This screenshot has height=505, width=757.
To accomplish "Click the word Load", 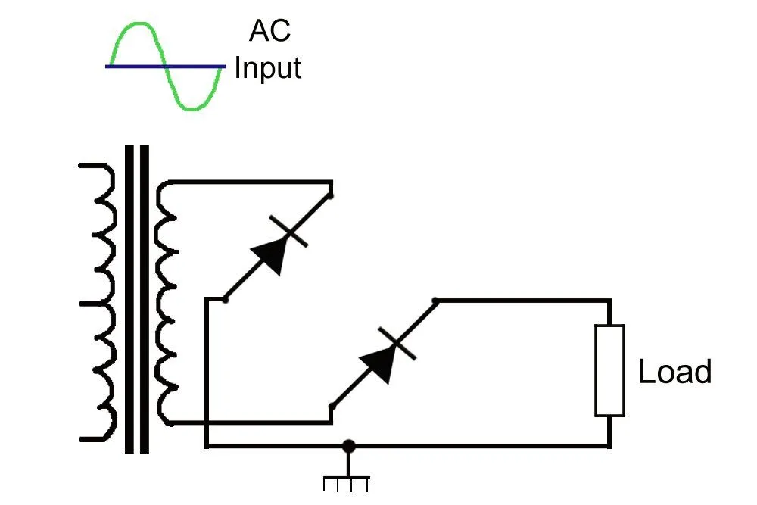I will pyautogui.click(x=674, y=372).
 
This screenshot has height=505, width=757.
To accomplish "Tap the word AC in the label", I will pyautogui.click(x=269, y=31).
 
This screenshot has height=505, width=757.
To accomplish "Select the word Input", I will pyautogui.click(x=268, y=67).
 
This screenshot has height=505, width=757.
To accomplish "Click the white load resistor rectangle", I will pyautogui.click(x=609, y=370).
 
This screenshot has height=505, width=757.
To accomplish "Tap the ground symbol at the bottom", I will pyautogui.click(x=347, y=481).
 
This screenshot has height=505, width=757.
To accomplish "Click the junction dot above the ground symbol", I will pyautogui.click(x=347, y=446).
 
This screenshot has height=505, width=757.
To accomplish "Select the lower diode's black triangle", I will pyautogui.click(x=381, y=363).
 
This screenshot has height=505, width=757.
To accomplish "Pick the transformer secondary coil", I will pyautogui.click(x=165, y=303).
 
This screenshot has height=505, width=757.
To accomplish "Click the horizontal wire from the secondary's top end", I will pyautogui.click(x=250, y=182).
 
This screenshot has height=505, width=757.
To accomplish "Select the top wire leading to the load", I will pyautogui.click(x=522, y=301).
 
